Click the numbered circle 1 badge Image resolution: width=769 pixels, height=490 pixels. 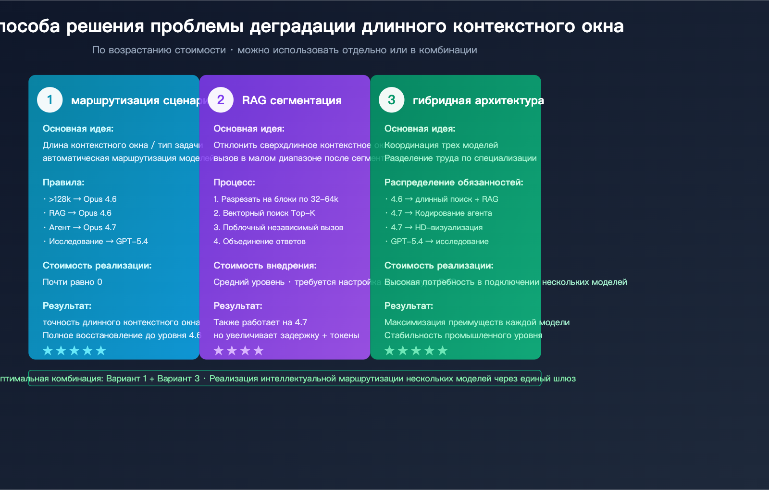pyautogui.click(x=50, y=100)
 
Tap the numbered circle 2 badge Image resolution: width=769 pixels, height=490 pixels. pyautogui.click(x=221, y=100)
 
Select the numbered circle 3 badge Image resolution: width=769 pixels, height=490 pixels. pyautogui.click(x=392, y=100)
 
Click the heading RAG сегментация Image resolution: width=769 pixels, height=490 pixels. pyautogui.click(x=292, y=100)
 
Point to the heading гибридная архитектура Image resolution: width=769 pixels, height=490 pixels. pyautogui.click(x=478, y=100)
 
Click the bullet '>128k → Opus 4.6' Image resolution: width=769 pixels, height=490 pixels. pyautogui.click(x=83, y=199)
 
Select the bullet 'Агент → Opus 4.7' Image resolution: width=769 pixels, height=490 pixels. pyautogui.click(x=82, y=227)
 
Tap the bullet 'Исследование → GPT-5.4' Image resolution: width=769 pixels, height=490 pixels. pyautogui.click(x=98, y=241)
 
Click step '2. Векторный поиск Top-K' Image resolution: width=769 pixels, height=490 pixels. pyautogui.click(x=264, y=213)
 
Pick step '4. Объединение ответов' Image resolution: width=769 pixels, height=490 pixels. pyautogui.click(x=260, y=241)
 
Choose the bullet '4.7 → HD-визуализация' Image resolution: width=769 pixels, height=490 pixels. pyautogui.click(x=436, y=227)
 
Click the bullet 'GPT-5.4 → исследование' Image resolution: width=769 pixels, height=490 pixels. pyautogui.click(x=439, y=241)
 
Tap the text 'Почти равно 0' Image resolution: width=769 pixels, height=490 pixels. pyautogui.click(x=73, y=282)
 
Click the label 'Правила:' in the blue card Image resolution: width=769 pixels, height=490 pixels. pyautogui.click(x=63, y=183)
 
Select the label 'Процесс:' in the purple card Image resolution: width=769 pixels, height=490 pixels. pyautogui.click(x=234, y=183)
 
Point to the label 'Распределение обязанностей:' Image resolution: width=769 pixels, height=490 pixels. pyautogui.click(x=454, y=183)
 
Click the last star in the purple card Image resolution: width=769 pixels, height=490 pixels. pyautogui.click(x=259, y=351)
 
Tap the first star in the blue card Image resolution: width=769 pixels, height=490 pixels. pyautogui.click(x=48, y=351)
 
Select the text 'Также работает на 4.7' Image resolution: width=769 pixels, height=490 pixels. pyautogui.click(x=260, y=322)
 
